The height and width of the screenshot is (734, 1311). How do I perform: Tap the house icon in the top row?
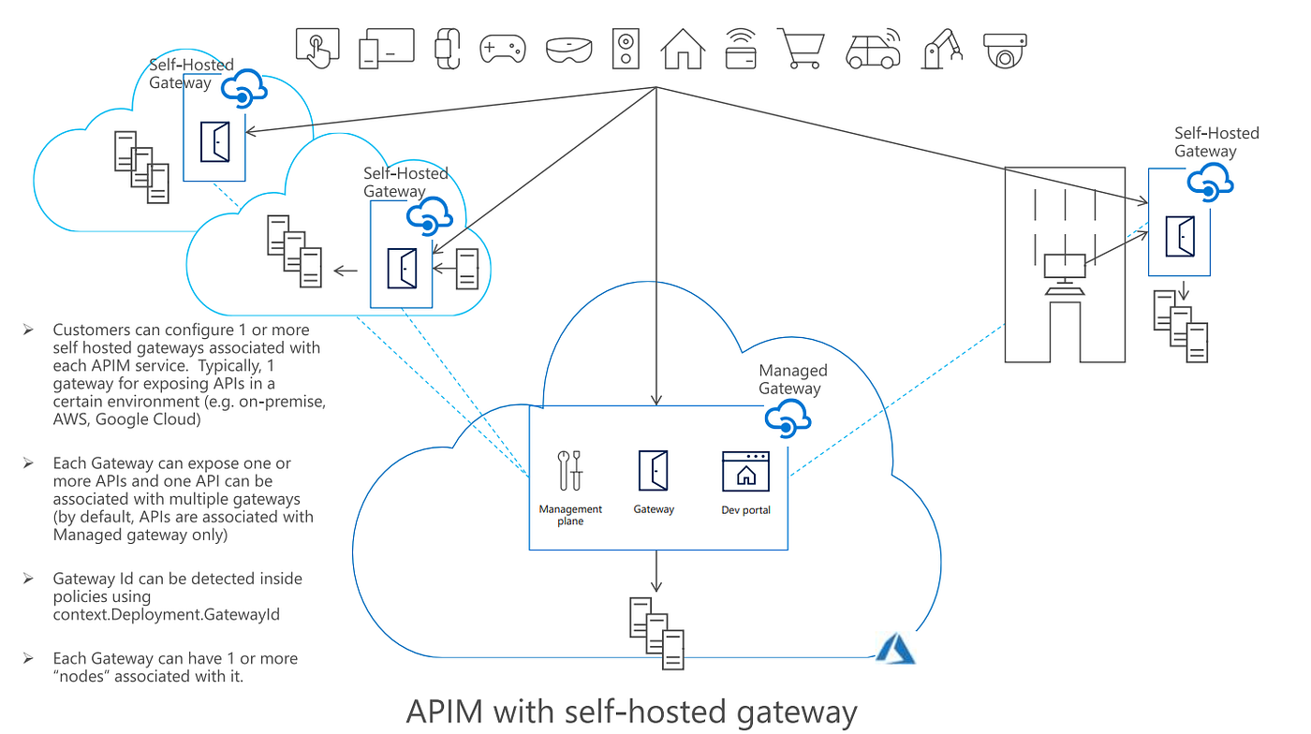[x=682, y=48]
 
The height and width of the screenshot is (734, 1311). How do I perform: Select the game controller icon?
[x=503, y=48]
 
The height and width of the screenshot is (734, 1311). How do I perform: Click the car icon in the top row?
[x=873, y=50]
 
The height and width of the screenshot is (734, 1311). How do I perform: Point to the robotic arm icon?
[x=941, y=47]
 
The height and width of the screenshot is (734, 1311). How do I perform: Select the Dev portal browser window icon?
[x=745, y=471]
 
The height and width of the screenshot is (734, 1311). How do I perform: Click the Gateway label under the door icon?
[x=654, y=509]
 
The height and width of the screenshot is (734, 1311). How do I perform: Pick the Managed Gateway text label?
[x=792, y=380]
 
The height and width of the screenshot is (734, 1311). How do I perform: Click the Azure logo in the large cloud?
[x=894, y=648]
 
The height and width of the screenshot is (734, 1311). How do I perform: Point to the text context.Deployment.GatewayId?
[x=167, y=614]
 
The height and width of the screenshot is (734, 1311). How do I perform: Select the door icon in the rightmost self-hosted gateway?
[x=1180, y=236]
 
